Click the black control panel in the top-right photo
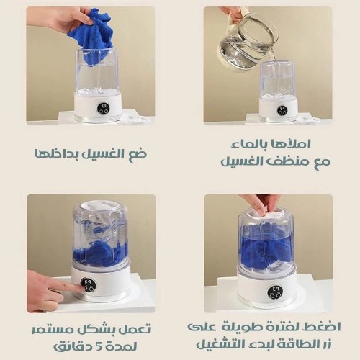(282, 109)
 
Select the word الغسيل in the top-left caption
(103, 153)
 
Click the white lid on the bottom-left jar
(99, 207)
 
